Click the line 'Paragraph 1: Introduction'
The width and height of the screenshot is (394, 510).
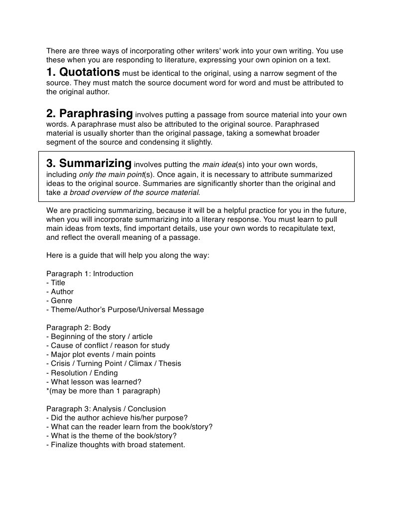(90, 274)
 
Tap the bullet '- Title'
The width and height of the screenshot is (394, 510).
(56, 283)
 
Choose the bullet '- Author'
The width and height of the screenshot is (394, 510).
(60, 292)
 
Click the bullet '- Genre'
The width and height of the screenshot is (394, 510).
(59, 301)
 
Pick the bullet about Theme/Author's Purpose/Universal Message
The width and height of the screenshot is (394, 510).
(125, 310)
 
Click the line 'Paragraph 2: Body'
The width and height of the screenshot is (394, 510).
(79, 328)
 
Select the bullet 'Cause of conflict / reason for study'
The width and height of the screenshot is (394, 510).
(108, 345)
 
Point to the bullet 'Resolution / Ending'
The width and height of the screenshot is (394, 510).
(82, 372)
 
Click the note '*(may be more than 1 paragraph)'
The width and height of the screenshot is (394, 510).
(103, 390)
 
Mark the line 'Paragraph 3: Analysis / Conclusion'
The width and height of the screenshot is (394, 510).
(106, 408)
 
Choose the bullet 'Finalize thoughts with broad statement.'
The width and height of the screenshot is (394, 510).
(116, 444)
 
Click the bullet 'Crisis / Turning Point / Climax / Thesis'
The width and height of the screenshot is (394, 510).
(114, 363)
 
